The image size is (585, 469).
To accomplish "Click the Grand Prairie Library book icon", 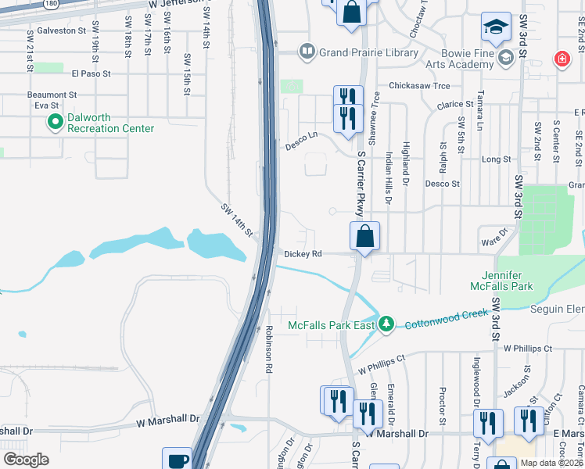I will [307, 52].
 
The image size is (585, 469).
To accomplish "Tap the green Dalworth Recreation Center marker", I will [56, 121].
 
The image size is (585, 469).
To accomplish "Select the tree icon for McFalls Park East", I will [386, 324].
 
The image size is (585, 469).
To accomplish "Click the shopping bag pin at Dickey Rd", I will [364, 236].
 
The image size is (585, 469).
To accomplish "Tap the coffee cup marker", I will [177, 459].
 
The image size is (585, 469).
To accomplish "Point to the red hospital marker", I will [561, 59].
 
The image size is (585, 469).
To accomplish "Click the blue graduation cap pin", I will [495, 28].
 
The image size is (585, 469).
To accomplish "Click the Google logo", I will [26, 460].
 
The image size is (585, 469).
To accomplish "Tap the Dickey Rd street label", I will [303, 254].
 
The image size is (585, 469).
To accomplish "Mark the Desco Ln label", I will [301, 140].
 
